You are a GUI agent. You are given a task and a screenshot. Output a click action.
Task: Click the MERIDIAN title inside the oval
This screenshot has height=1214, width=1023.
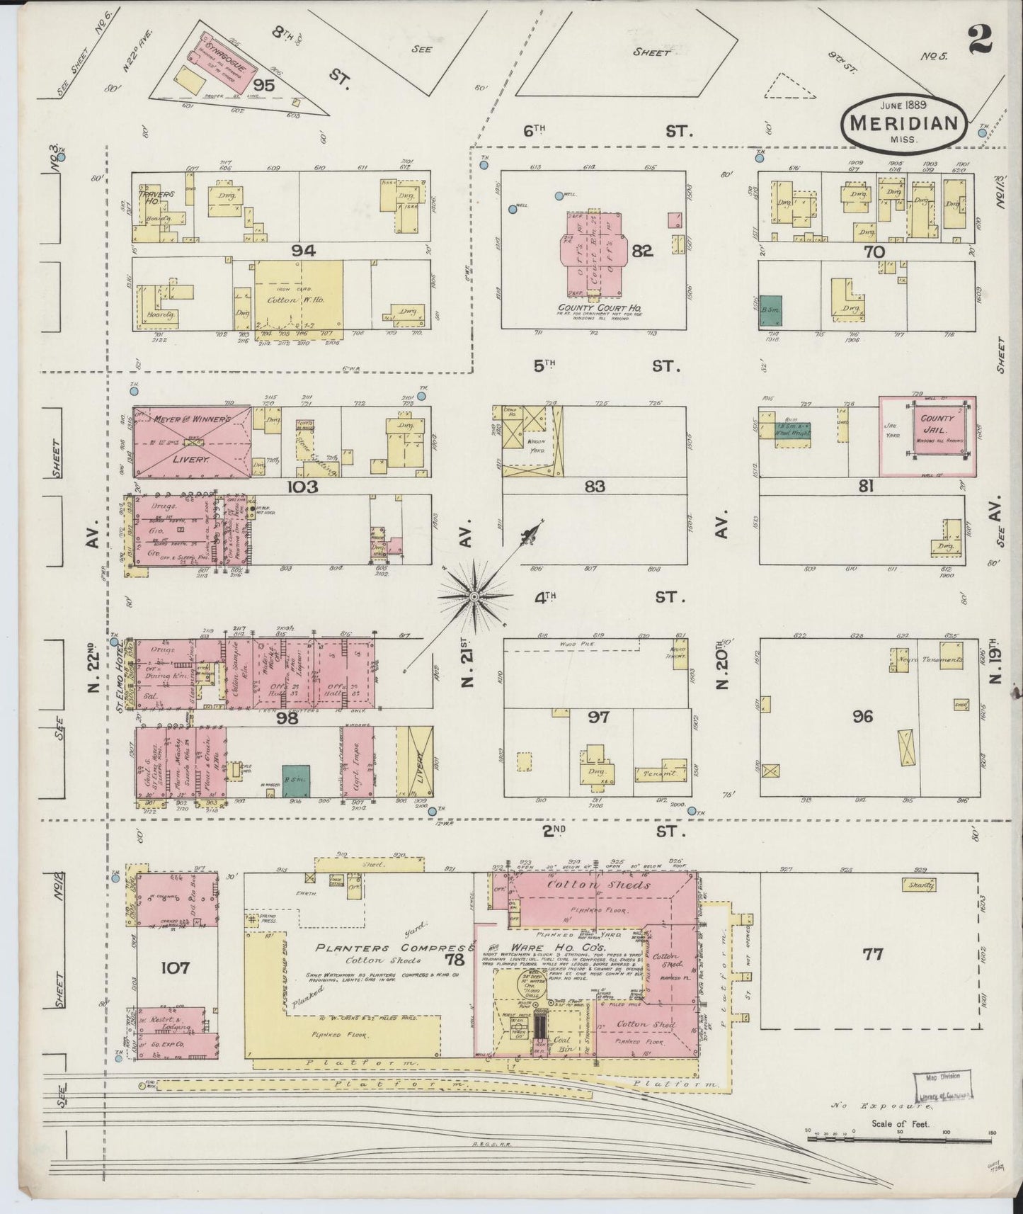(903, 122)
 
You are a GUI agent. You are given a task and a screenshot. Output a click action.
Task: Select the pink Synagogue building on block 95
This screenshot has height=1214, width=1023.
(224, 62)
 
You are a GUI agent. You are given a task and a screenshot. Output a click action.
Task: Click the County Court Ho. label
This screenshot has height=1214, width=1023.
(590, 308)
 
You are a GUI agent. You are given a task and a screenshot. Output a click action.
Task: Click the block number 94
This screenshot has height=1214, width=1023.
(307, 250)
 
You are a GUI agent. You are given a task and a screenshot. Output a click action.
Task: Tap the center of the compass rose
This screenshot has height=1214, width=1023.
(474, 598)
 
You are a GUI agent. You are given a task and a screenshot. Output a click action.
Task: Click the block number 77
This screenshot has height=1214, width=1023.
(873, 954)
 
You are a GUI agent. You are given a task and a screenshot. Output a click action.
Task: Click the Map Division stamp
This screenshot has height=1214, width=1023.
(942, 1104)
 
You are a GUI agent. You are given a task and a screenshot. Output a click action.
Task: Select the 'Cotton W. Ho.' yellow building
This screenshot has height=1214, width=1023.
(299, 300)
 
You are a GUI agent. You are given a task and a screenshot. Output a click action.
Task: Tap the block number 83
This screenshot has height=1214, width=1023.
(595, 486)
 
